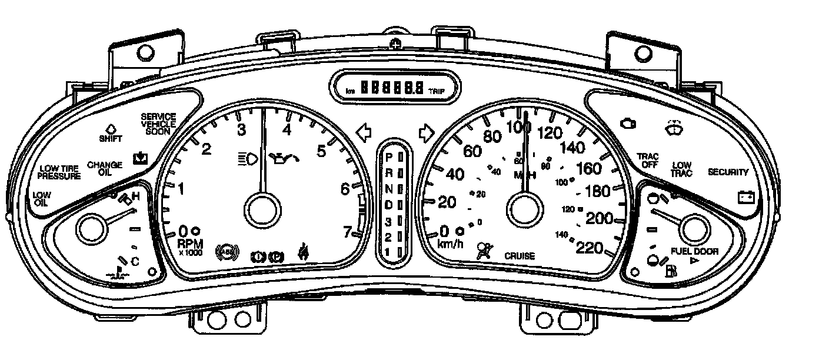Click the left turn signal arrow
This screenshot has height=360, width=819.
(x=365, y=132)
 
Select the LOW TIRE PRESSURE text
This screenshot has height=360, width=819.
(x=59, y=172)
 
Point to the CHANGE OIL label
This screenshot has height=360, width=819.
(x=105, y=168)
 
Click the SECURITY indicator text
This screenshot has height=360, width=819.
(x=728, y=172)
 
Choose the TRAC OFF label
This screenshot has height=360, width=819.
(x=648, y=161)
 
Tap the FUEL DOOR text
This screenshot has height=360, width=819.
(x=695, y=251)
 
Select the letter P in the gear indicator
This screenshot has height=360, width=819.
(x=388, y=158)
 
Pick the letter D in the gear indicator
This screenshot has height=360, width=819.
(x=388, y=204)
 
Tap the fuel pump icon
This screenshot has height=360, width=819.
(x=671, y=271)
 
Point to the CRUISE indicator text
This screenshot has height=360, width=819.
(x=520, y=256)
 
